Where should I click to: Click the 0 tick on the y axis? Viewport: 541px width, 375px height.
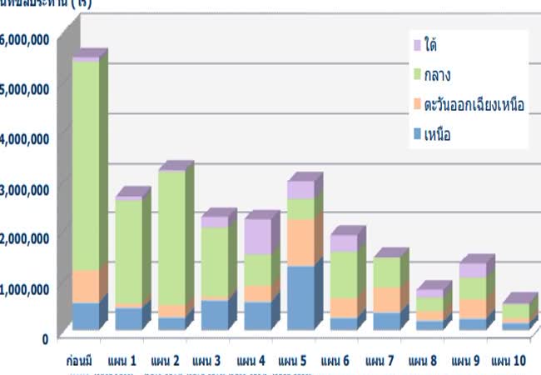tap(44, 337)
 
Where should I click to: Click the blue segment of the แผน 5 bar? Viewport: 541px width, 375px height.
tap(300, 297)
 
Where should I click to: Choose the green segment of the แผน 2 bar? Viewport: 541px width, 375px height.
tap(171, 237)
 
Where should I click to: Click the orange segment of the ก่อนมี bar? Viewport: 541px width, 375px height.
tap(84, 286)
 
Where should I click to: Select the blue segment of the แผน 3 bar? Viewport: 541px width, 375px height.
tap(214, 314)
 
